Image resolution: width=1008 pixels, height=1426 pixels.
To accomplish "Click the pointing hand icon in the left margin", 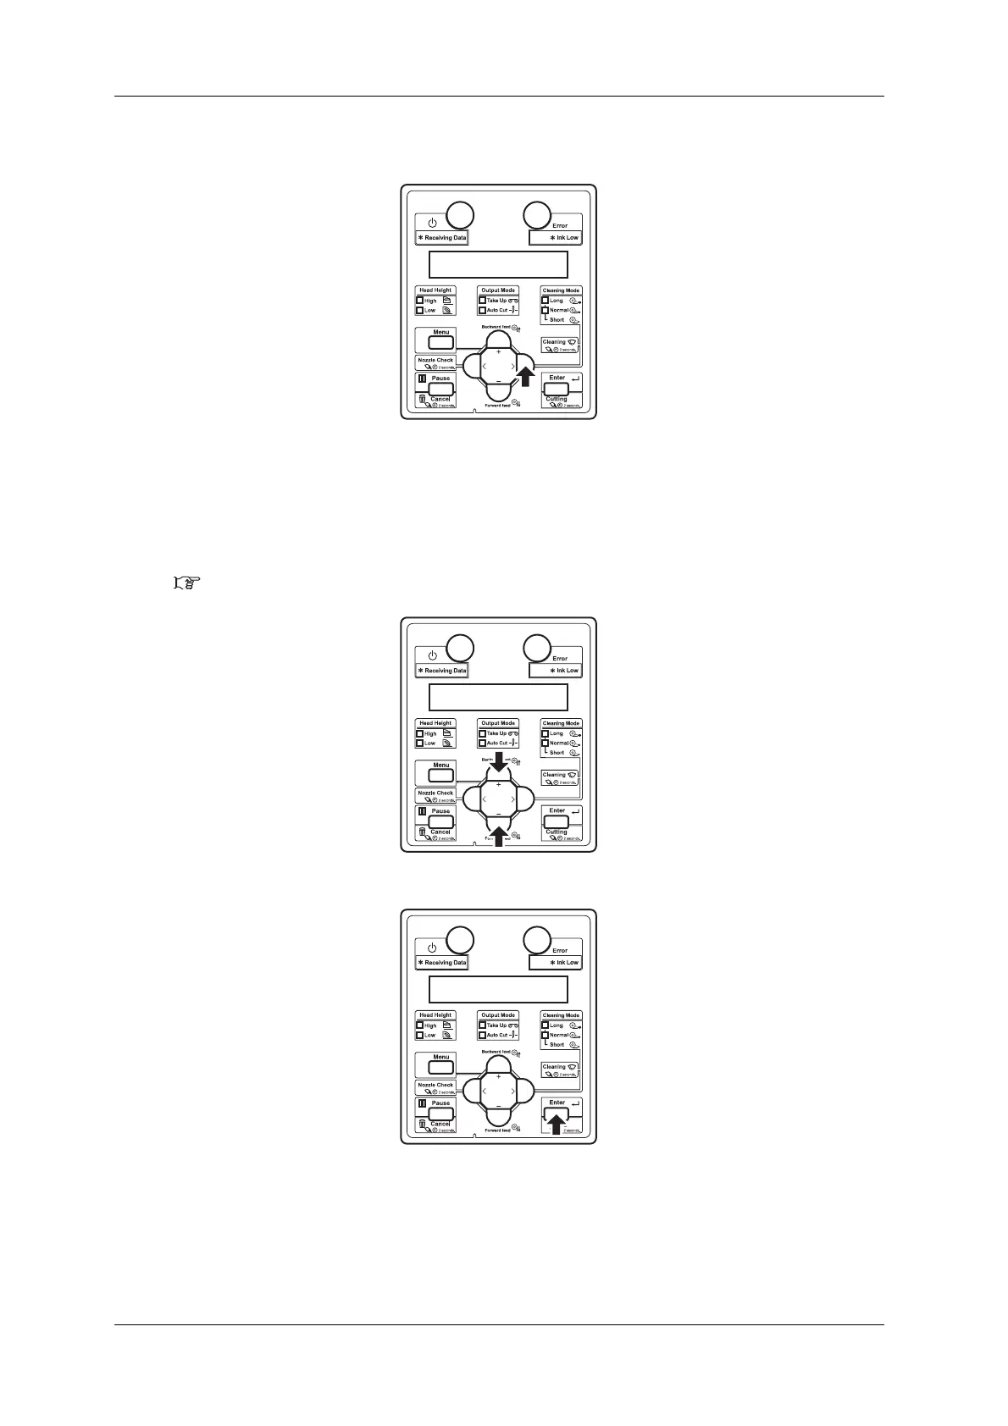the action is click(184, 583).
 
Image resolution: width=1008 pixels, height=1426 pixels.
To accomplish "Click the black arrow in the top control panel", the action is click(525, 376).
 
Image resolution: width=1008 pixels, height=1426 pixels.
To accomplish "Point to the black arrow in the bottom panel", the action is click(556, 1123).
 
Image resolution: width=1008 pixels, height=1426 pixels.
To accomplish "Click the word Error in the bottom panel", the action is click(560, 950).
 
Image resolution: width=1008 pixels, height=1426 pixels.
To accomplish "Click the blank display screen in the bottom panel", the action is click(498, 989).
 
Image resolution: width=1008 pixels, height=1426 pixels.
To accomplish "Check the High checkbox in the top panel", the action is click(419, 301).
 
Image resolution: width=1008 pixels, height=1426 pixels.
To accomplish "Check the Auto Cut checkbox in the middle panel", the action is click(482, 743).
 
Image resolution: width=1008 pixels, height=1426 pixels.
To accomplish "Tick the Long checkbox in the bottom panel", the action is click(546, 1025).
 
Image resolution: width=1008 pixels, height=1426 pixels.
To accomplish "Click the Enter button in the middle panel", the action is click(557, 821).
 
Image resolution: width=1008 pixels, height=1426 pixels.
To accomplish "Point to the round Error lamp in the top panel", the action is click(535, 215).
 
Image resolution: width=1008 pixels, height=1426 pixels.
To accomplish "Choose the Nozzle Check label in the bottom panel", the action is click(435, 1085).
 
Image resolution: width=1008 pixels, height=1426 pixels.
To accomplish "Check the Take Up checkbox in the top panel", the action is click(482, 301).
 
